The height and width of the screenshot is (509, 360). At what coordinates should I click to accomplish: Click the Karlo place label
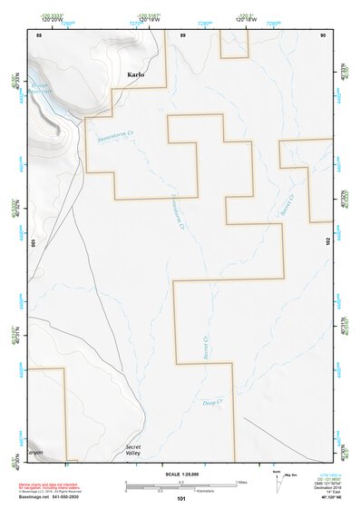tap(136, 75)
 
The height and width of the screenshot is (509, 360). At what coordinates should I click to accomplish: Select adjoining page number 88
tap(39, 34)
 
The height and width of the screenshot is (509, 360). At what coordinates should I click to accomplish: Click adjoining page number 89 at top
tap(182, 34)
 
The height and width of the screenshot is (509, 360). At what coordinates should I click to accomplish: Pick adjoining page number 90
tap(323, 34)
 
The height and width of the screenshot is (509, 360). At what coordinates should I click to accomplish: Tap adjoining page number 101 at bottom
tap(181, 499)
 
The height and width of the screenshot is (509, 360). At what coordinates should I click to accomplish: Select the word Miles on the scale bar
tap(242, 482)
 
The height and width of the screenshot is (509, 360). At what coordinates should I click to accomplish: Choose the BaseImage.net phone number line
tap(50, 500)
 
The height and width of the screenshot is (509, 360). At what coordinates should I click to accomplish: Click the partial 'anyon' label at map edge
tap(34, 452)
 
